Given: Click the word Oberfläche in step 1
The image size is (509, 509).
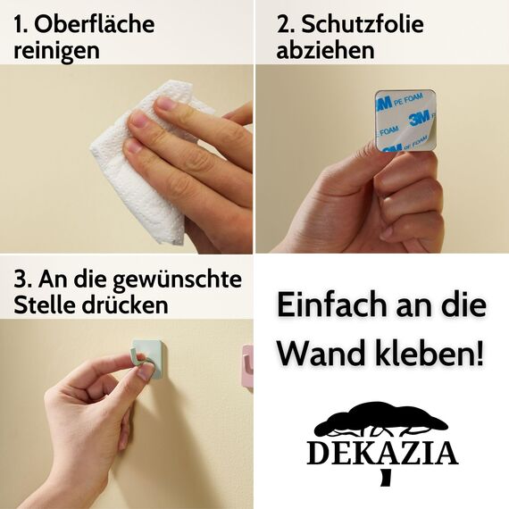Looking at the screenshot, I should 94,24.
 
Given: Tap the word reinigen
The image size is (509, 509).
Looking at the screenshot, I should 56,50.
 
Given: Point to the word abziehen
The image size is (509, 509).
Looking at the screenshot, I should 325,50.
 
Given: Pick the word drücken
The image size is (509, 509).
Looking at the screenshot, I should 129,305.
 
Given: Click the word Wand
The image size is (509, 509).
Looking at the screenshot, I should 314,354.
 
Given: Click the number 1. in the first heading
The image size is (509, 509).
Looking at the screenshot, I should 21,24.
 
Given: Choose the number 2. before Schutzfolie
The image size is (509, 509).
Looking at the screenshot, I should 285,24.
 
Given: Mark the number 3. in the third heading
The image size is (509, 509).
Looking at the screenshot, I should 21,280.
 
